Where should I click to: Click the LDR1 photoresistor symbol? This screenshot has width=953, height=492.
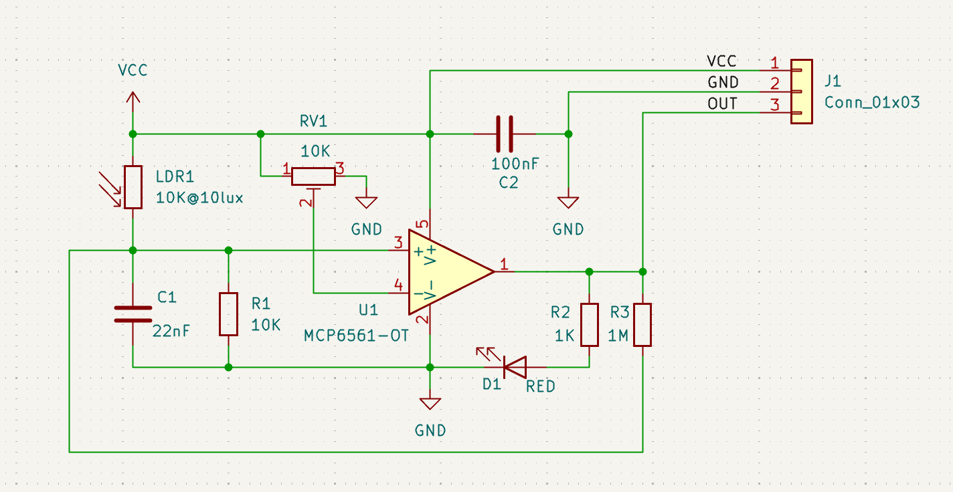pos(133,187)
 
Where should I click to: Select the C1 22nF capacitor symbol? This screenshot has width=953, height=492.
pos(133,314)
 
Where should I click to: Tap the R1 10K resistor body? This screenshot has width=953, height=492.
pos(228,314)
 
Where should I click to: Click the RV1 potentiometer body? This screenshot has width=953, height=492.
pos(313,176)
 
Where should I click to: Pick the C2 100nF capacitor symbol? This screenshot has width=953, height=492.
pos(505,134)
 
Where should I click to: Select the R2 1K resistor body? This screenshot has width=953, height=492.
pos(589,325)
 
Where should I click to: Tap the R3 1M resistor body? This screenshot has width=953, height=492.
pos(642,325)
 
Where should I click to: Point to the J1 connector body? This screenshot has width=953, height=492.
pos(801,91)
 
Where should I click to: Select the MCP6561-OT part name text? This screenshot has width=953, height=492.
pos(356,335)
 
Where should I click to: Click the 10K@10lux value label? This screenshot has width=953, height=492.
pos(199,198)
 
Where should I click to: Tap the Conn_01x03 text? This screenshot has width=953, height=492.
pos(871,102)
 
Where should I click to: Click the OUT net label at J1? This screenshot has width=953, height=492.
pos(722,104)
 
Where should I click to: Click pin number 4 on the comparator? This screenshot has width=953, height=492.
pos(398,285)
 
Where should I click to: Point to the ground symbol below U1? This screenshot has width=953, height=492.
pos(430,403)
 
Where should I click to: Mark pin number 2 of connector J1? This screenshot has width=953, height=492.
pos(774,84)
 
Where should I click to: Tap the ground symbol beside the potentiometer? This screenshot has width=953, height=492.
pos(366,202)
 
